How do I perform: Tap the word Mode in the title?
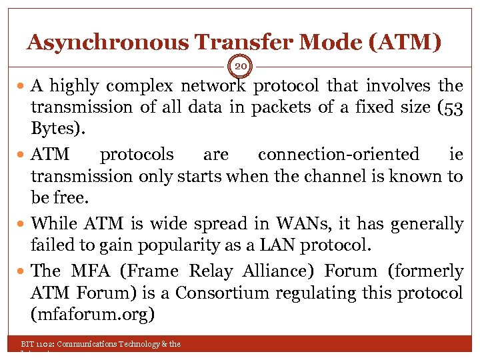(x=331, y=43)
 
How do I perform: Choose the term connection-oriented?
(x=339, y=155)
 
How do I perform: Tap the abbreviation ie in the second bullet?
(x=456, y=155)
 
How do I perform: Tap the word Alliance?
(x=281, y=272)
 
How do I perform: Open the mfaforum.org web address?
(x=92, y=314)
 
